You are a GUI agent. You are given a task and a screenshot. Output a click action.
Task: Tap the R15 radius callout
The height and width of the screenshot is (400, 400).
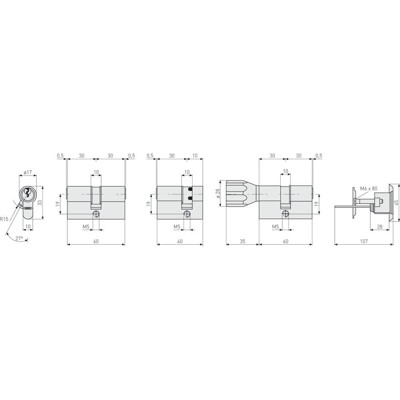[x=5, y=215]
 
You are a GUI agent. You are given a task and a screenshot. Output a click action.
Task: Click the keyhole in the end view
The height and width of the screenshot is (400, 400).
[x=27, y=193]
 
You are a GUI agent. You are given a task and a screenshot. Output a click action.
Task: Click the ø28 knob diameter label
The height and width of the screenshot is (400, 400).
[x=220, y=191]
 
